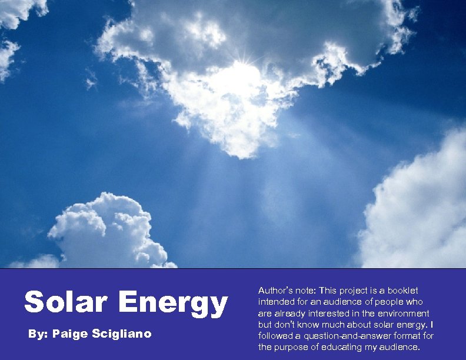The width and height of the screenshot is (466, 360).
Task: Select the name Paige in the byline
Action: (x=71, y=334)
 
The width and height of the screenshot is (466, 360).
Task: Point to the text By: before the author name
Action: (x=38, y=334)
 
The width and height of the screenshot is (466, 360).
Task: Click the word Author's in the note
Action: (x=275, y=291)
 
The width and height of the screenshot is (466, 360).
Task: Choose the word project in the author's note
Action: (x=338, y=291)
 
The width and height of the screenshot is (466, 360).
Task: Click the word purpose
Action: (x=291, y=347)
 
